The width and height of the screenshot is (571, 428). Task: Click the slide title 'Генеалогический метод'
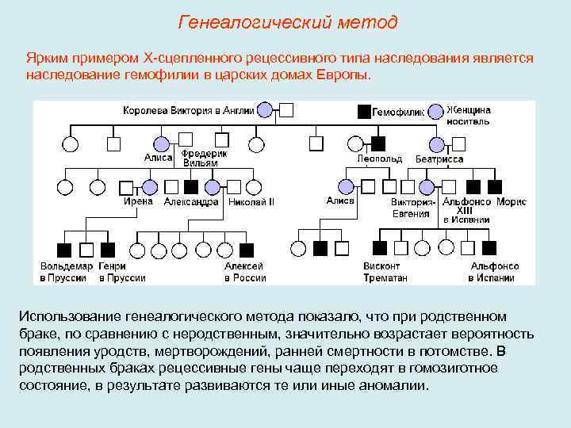coord(287,22)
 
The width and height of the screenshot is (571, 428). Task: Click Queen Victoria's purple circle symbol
coord(266,110)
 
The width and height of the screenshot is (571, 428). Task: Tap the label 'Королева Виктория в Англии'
coord(189,111)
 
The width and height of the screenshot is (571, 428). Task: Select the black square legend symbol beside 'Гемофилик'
coord(364,111)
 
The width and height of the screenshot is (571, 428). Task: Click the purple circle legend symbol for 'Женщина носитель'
coord(435,111)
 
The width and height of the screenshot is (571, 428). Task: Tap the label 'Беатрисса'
coord(439,159)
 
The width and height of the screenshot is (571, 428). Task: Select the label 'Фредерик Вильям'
coord(205,158)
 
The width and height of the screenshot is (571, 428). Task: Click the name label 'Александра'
coord(191,202)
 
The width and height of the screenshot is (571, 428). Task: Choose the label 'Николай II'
coord(251,202)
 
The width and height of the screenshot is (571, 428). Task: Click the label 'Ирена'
coord(138,201)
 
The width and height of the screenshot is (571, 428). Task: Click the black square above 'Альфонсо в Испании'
coord(489,248)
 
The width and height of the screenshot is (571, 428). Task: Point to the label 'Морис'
coord(512,202)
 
